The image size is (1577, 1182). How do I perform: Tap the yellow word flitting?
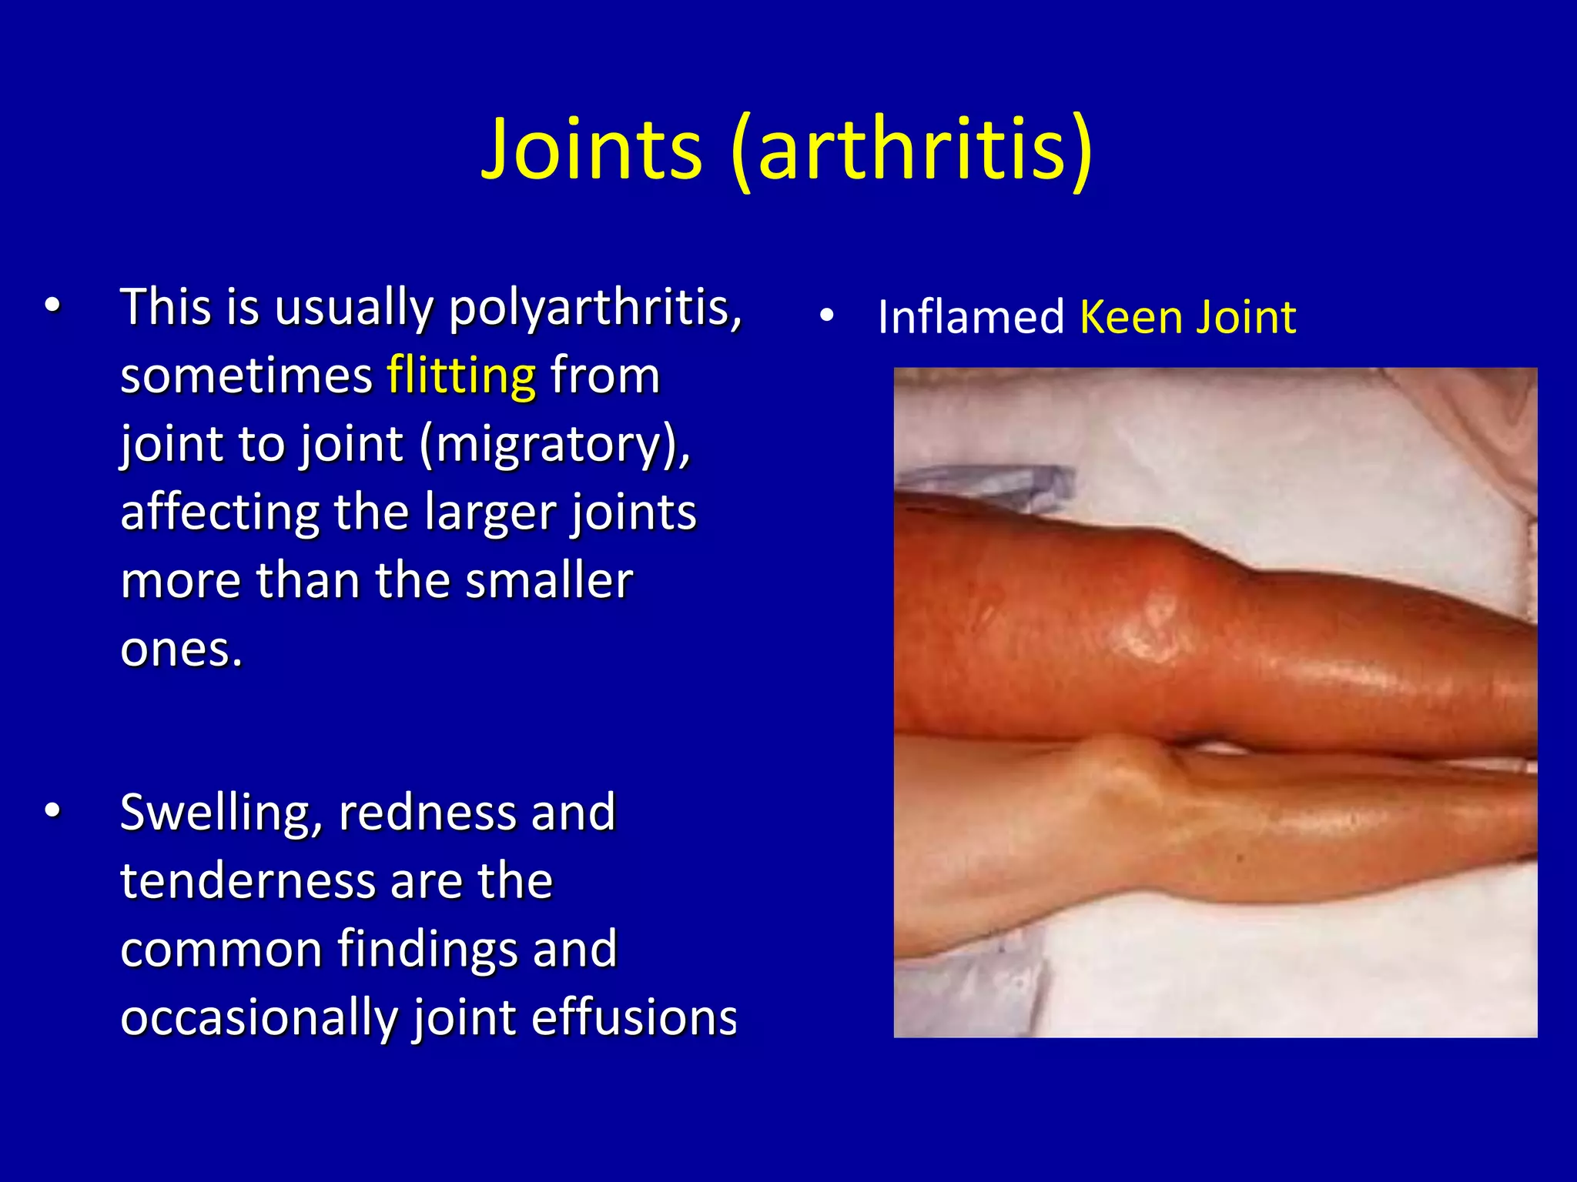click(461, 376)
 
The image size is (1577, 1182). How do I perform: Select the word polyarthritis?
click(595, 308)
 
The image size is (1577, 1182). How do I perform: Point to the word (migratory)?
click(554, 444)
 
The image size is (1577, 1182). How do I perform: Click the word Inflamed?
click(970, 317)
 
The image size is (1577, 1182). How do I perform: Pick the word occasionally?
click(259, 1017)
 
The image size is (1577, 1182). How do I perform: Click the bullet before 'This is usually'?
click(52, 306)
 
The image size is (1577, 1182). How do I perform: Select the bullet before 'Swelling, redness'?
click(52, 811)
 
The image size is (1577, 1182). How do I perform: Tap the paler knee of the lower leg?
click(1124, 777)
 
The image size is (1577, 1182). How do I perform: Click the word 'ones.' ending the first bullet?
click(182, 649)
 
